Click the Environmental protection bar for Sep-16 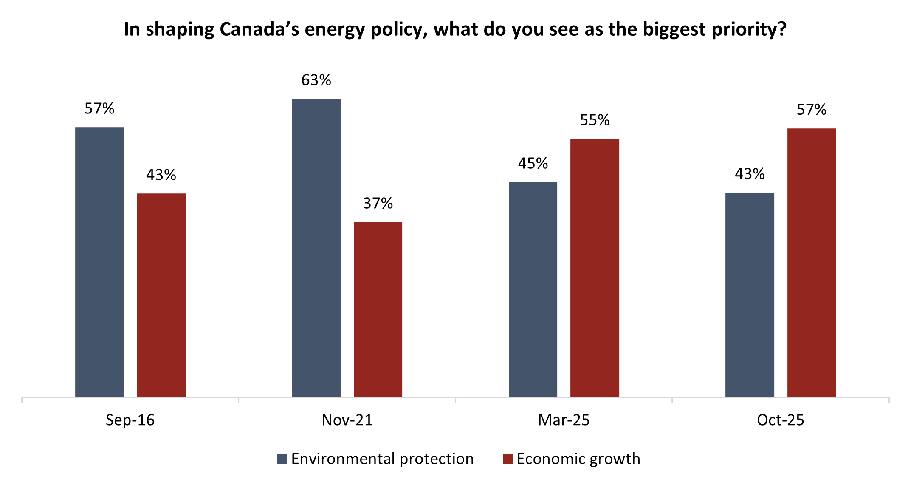pos(99,262)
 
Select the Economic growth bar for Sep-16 pos(161,295)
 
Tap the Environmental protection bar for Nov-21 pos(316,248)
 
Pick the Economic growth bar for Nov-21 pos(378,309)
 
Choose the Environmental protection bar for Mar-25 pos(533,289)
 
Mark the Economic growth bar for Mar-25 pos(595,268)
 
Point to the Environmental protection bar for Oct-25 pos(750,295)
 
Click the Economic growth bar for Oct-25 pos(811,263)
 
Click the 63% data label pos(316,80)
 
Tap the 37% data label pos(378,204)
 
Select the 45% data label pos(533,164)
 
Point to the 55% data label pos(595,120)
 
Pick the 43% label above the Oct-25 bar pos(750,174)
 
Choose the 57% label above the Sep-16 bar pos(99,109)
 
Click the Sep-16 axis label pos(130,420)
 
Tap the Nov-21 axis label pos(347,420)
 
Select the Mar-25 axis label pos(564,420)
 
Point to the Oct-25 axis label pos(780,420)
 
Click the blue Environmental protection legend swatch pos(282,459)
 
